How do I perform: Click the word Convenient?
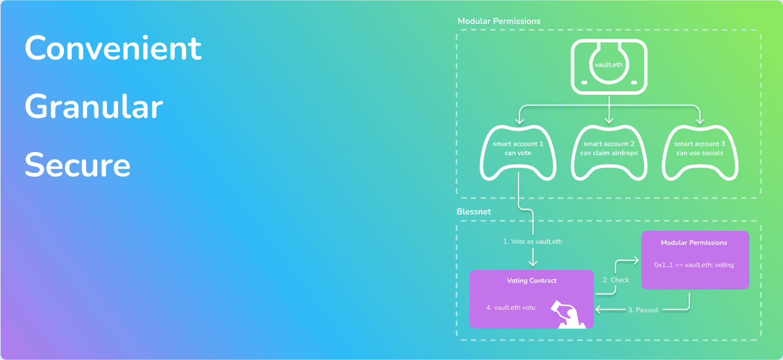113,48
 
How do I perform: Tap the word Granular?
93,107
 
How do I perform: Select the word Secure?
78,166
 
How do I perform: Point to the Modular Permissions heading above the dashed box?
499,21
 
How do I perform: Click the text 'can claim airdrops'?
609,154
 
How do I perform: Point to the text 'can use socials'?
699,154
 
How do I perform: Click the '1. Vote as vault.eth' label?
532,241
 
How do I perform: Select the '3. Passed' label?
643,310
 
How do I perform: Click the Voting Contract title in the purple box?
532,280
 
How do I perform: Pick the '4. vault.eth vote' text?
511,307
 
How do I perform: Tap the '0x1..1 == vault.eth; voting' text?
694,265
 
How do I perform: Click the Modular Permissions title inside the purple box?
694,243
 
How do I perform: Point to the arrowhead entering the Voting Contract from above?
532,263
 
